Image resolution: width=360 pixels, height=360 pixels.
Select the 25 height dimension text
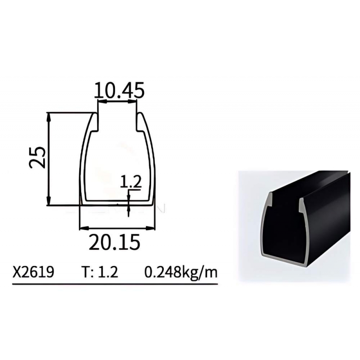37,157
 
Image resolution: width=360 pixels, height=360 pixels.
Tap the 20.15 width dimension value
114,242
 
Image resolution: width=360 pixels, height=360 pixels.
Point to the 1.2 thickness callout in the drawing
131,182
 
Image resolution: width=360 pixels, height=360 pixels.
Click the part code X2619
33,272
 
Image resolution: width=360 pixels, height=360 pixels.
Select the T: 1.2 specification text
100,272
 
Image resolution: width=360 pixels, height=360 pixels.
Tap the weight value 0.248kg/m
181,273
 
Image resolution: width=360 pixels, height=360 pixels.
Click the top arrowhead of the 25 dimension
48,117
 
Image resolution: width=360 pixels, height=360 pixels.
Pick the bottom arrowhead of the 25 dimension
48,201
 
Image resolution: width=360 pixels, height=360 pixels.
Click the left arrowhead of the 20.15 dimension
84,228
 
